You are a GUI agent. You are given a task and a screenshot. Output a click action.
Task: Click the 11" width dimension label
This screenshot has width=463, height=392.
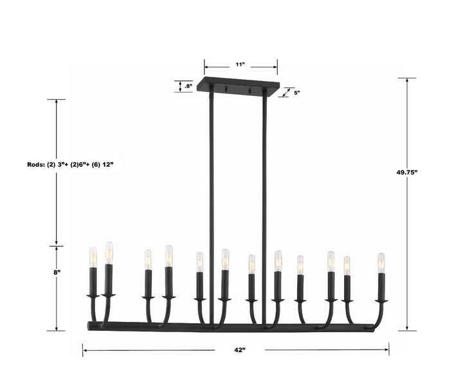pos(241,65)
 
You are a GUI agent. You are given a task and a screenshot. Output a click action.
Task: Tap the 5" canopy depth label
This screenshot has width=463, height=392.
pos(297,93)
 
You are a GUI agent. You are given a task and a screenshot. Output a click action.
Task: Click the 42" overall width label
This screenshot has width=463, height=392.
pos(240,350)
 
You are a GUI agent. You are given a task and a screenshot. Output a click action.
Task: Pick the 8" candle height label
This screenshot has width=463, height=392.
pos(57,272)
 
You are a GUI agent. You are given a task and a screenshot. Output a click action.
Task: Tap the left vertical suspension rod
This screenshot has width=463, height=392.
pos(210,193)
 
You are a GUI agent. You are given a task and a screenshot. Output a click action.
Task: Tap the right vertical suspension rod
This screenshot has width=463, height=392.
pos(264,193)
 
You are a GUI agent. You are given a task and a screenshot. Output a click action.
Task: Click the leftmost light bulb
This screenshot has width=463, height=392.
pos(92,256)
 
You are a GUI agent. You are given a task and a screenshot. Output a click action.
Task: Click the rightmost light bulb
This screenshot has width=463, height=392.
pos(381,263)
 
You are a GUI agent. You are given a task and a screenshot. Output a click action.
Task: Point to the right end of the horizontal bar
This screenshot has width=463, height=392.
pos(372,328)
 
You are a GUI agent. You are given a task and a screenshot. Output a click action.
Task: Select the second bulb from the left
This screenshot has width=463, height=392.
pos(109,252)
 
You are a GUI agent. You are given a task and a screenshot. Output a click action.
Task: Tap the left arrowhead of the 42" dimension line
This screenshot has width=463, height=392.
pos(85,350)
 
